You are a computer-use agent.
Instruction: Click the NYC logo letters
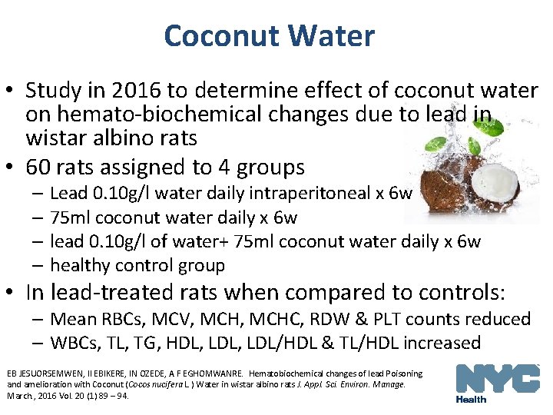pyautogui.click(x=497, y=380)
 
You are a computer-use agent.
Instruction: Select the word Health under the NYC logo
pyautogui.click(x=471, y=399)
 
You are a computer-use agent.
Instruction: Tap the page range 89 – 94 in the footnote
pyautogui.click(x=113, y=396)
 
